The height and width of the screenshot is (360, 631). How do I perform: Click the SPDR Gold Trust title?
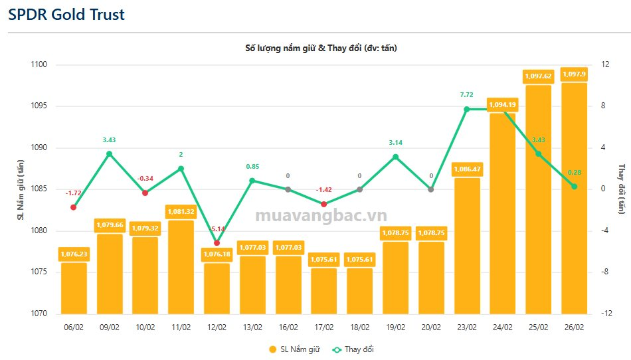point(66,14)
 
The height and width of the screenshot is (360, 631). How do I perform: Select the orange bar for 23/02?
point(467,246)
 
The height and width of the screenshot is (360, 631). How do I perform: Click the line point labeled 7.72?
point(467,109)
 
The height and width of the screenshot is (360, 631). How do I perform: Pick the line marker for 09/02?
point(110,154)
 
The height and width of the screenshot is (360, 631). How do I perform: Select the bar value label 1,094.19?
point(503,104)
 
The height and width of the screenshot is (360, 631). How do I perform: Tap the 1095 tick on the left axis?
point(38,106)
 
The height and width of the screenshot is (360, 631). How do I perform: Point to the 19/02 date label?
point(395,327)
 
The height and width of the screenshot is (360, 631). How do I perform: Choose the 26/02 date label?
point(574,327)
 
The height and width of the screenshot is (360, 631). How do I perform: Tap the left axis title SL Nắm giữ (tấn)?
point(20,189)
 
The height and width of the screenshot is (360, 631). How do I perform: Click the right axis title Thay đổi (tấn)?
point(622,189)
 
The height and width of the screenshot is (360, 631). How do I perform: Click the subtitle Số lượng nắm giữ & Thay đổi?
point(321,48)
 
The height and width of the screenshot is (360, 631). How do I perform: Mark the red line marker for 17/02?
point(323,204)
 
